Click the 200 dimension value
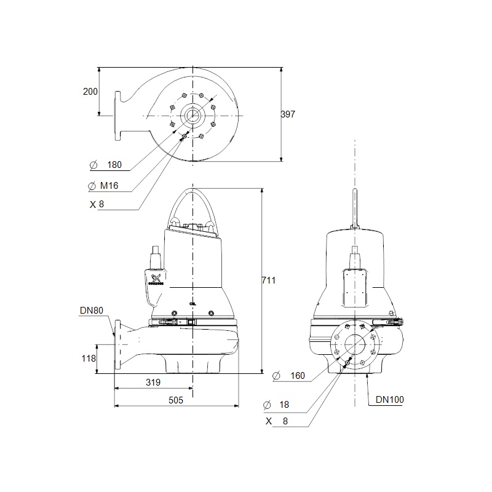tap(90, 92)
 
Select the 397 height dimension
tap(288, 114)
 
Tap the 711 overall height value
tap(269, 280)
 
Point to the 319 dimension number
tap(153, 382)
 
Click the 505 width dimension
tap(176, 400)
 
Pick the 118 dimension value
tap(89, 359)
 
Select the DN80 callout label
tap(92, 311)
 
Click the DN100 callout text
tap(390, 399)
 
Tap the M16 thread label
tap(109, 186)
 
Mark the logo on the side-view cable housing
tap(156, 279)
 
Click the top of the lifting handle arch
tap(192, 189)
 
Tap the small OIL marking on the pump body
tap(192, 304)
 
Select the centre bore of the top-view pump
tap(192, 116)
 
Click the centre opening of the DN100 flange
tap(355, 344)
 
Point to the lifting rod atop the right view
tap(355, 208)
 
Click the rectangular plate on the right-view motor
tap(355, 288)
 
